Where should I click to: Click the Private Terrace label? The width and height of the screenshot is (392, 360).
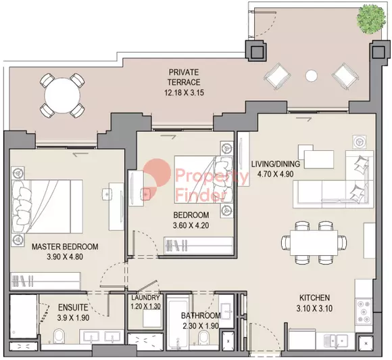(x=184, y=77)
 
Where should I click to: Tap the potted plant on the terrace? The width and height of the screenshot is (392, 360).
(x=371, y=19)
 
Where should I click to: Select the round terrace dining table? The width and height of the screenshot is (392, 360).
(x=62, y=95)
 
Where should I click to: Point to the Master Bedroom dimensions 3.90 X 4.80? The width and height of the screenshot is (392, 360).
(x=65, y=256)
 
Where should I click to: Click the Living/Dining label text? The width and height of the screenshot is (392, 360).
(x=276, y=164)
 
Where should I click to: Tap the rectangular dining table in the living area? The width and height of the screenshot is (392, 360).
(x=314, y=242)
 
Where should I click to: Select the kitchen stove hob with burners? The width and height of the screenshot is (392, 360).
(x=364, y=311)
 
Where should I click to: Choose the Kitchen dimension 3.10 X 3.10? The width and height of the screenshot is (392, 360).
(x=314, y=308)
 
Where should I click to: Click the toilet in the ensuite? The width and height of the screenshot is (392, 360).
(x=59, y=336)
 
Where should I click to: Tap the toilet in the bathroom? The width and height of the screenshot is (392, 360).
(x=203, y=338)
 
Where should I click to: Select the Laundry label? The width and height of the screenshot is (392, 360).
(x=145, y=298)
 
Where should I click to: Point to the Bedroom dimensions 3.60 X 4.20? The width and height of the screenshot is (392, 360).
(x=191, y=225)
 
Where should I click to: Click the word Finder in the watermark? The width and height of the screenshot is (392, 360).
(x=201, y=195)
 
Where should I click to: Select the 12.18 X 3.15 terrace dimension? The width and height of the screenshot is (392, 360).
(x=184, y=93)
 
